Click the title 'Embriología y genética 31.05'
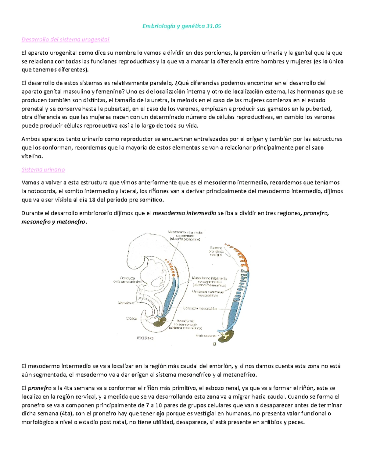[181, 26]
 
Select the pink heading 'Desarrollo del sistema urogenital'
[65, 39]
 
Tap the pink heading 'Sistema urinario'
[43, 170]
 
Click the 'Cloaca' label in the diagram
[131, 318]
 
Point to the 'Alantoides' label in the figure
[125, 303]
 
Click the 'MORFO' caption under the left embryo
[145, 338]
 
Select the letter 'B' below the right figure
[214, 344]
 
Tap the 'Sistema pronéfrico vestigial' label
[216, 251]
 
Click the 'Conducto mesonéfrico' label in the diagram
[200, 309]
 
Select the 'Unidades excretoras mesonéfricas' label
[208, 293]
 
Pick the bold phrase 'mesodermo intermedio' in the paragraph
[184, 213]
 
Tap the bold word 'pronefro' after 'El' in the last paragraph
[40, 389]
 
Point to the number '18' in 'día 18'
[92, 200]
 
